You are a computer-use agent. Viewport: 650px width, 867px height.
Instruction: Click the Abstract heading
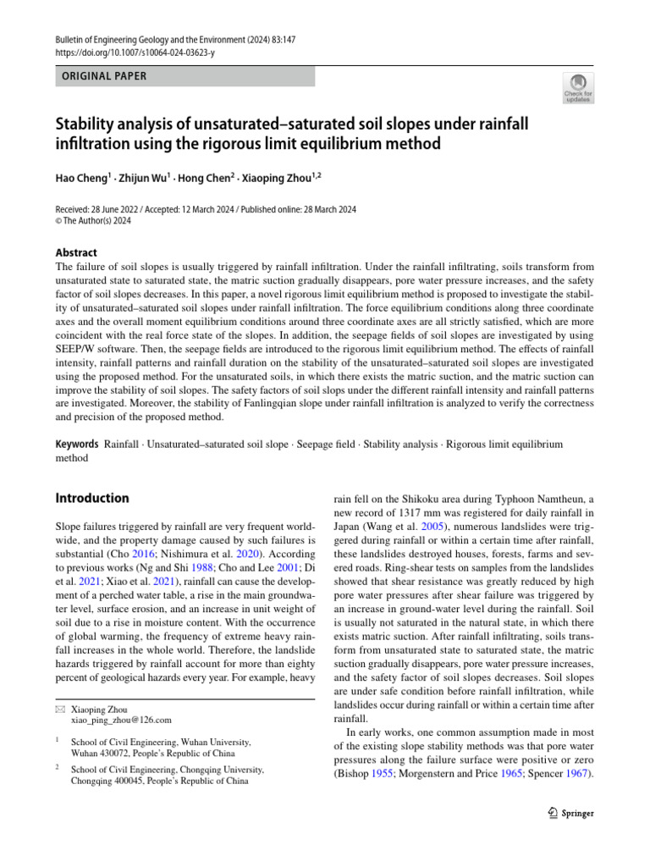(x=75, y=252)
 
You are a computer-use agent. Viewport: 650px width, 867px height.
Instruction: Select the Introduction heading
(x=91, y=498)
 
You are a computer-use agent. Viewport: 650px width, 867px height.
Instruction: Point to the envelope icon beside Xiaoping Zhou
(x=59, y=707)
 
